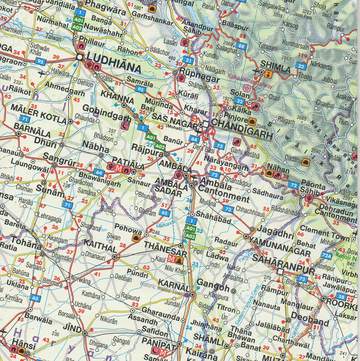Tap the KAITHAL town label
click(x=102, y=243)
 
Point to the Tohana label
click(x=25, y=242)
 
